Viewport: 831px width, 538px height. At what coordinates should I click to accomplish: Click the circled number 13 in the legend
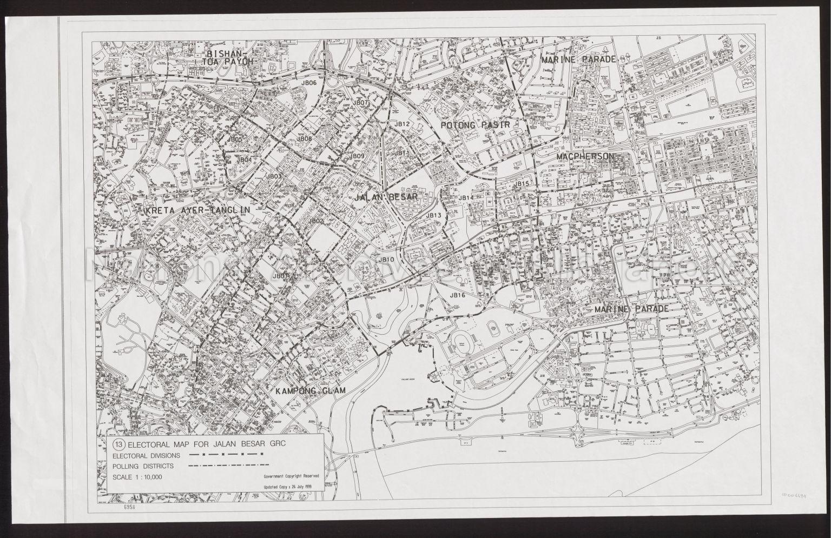pyautogui.click(x=118, y=444)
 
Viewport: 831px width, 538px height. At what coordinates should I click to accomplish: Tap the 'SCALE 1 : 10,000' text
pyautogui.click(x=137, y=477)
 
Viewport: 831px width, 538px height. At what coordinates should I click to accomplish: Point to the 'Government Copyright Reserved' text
pyautogui.click(x=291, y=476)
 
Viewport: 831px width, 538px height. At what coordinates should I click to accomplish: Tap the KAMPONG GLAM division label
pyautogui.click(x=309, y=390)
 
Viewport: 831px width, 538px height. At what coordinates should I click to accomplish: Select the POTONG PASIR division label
pyautogui.click(x=476, y=125)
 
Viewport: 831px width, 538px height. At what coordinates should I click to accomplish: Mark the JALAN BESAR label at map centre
pyautogui.click(x=386, y=197)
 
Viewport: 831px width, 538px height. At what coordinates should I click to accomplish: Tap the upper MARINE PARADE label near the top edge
pyautogui.click(x=578, y=59)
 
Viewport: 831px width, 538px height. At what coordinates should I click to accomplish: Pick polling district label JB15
pyautogui.click(x=522, y=184)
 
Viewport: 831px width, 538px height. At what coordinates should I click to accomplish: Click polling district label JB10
pyautogui.click(x=386, y=260)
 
